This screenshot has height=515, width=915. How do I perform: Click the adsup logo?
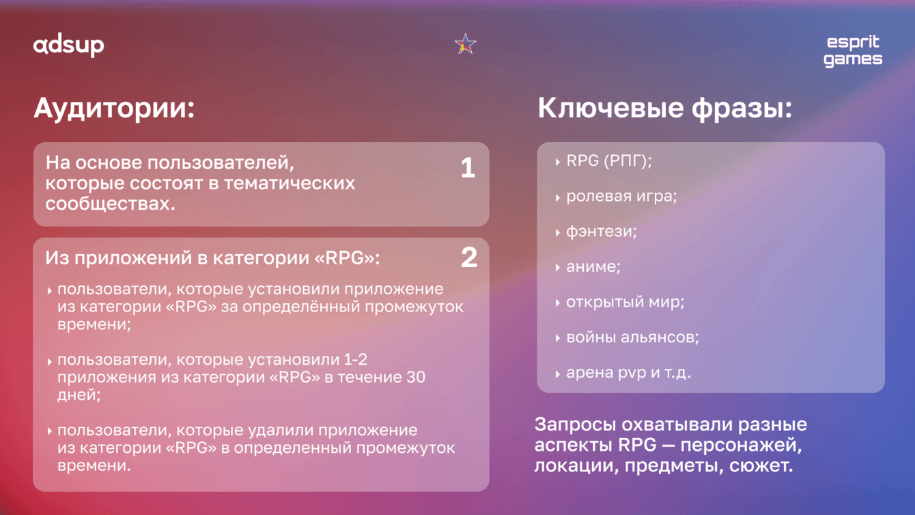[x=68, y=45]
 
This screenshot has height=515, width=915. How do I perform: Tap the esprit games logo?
[x=853, y=51]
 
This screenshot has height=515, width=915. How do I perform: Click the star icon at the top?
[x=465, y=44]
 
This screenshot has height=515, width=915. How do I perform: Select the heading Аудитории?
[x=115, y=109]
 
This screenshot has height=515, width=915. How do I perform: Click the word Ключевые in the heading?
[x=610, y=109]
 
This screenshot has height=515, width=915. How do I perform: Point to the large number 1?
[x=468, y=167]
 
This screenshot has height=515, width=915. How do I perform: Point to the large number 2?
[x=469, y=257]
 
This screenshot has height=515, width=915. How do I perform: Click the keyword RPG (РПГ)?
[x=608, y=161]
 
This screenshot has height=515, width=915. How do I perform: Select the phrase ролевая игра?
[x=621, y=197]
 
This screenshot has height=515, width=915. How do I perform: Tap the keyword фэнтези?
[x=602, y=232]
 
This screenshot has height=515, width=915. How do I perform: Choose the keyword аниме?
[x=593, y=267]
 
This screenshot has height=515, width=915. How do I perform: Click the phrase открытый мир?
[x=625, y=302]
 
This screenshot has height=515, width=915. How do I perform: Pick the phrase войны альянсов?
[x=632, y=337]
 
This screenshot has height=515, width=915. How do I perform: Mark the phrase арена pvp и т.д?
[x=628, y=373]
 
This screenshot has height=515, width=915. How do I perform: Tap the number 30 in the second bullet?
[x=415, y=377]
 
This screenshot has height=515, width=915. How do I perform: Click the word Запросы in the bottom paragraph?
[x=575, y=425]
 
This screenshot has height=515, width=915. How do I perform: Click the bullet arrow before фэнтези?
[x=558, y=233]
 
